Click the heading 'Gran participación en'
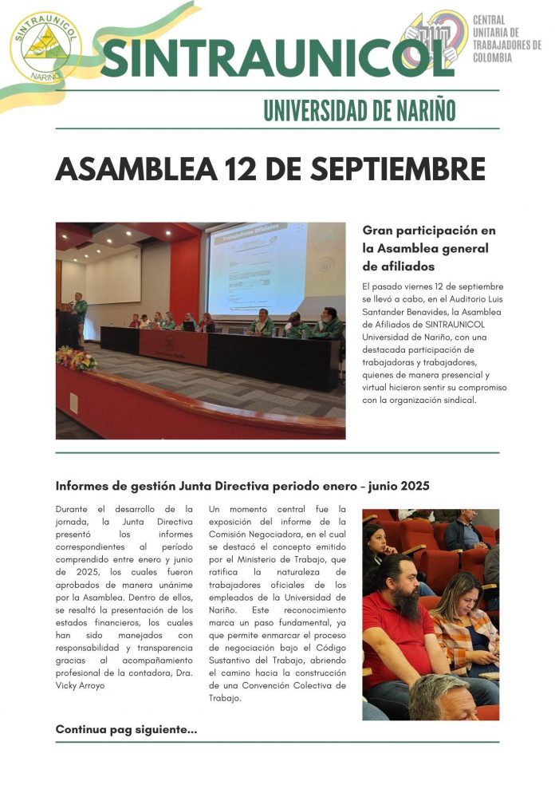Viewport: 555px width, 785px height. coord(428,231)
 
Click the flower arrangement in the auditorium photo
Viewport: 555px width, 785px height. coord(76,358)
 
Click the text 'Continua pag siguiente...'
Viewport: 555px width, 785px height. coord(126,729)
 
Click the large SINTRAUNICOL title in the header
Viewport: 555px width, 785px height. coord(277,57)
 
